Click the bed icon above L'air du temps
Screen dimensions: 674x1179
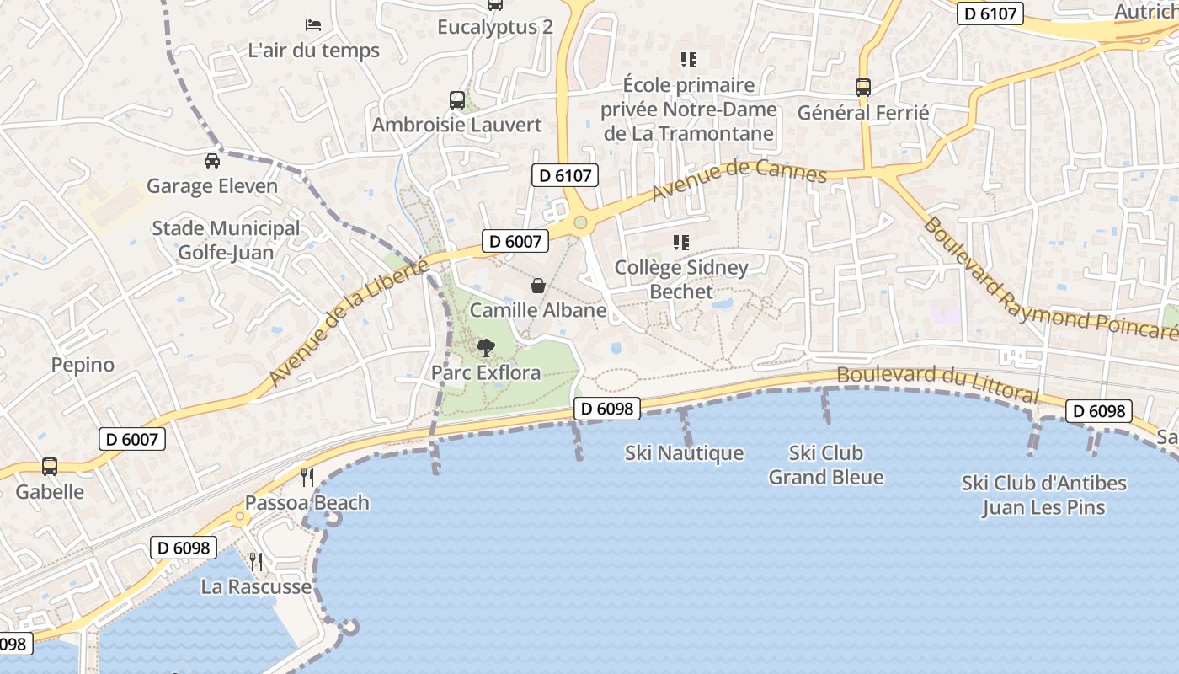(313, 24)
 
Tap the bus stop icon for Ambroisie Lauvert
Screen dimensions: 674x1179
(456, 100)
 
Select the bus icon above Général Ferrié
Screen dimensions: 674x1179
(863, 88)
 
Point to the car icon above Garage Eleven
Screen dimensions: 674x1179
(212, 160)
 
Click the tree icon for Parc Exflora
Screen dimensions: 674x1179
(486, 347)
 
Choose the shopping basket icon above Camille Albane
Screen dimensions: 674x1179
(538, 286)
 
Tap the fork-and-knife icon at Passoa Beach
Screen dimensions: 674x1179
(307, 478)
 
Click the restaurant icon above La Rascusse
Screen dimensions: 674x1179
(256, 561)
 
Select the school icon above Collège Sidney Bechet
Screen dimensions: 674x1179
(681, 243)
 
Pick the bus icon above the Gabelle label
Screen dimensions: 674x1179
(50, 467)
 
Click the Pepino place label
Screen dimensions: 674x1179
(83, 365)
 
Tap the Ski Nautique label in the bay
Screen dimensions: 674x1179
(684, 453)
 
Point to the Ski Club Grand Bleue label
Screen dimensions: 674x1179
(826, 465)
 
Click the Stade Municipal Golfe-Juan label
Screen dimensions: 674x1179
(226, 240)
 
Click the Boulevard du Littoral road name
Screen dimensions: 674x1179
(937, 383)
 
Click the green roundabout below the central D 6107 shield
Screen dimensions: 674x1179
(580, 222)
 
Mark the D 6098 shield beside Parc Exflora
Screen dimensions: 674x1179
(607, 409)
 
